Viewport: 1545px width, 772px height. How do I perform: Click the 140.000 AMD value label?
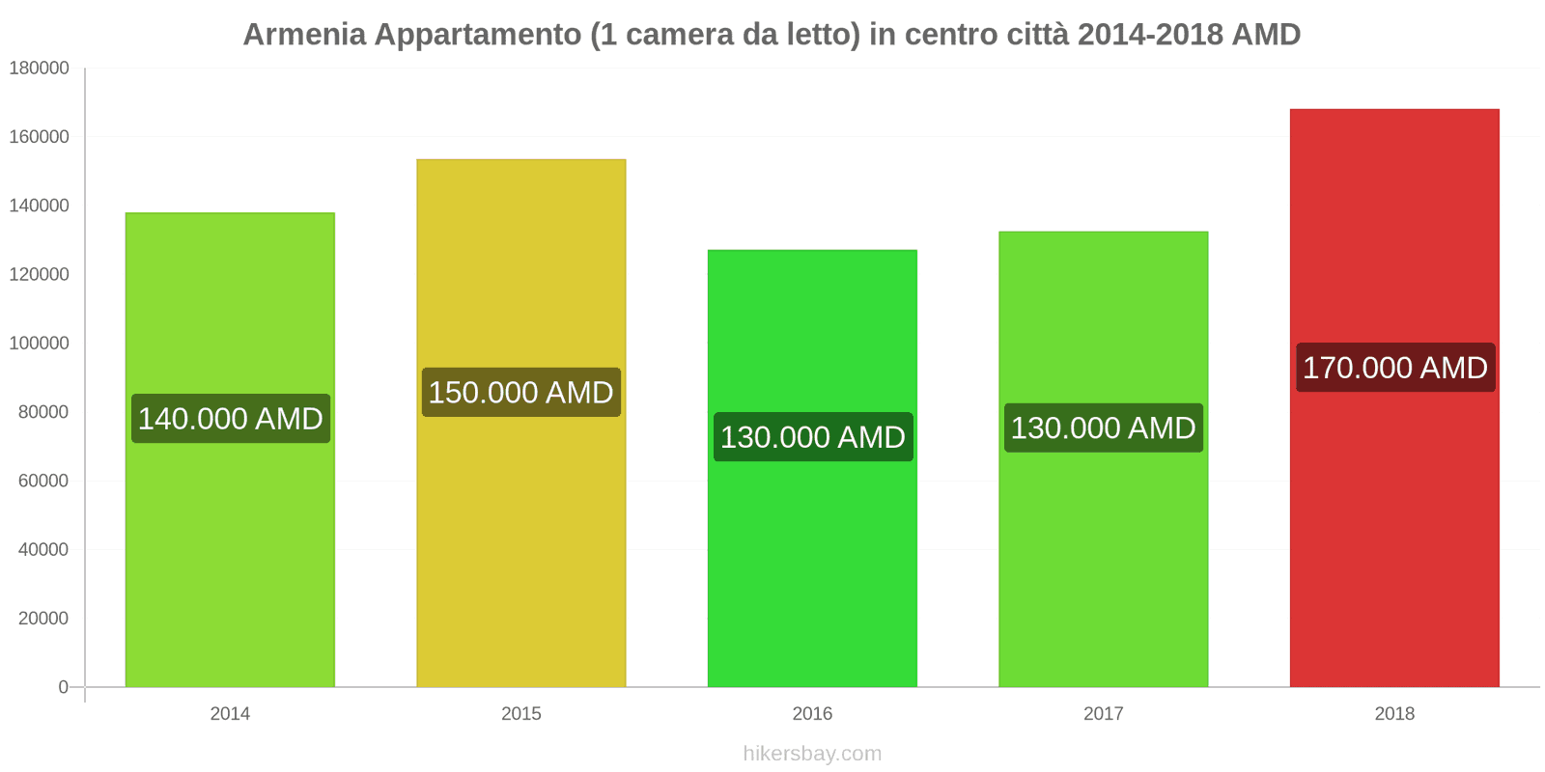point(231,419)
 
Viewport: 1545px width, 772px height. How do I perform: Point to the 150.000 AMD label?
point(521,393)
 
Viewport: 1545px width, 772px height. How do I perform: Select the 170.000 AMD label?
point(1394,368)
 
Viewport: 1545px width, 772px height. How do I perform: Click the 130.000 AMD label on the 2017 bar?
point(1104,427)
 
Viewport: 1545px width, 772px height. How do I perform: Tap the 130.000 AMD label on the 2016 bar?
point(813,437)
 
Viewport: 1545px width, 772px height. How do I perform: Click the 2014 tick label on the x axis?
point(230,714)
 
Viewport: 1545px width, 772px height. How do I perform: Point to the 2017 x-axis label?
point(1104,714)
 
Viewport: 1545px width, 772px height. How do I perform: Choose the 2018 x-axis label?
point(1394,714)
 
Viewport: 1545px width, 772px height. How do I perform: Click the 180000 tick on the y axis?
point(40,69)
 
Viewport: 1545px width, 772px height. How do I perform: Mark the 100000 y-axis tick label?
point(40,344)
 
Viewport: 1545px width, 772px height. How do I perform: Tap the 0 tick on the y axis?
point(63,687)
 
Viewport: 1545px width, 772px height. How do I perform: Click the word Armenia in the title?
point(304,35)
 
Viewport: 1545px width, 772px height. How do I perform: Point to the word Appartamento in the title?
point(478,35)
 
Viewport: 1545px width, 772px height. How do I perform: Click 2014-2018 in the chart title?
point(1148,35)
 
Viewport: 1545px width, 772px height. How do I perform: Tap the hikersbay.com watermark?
point(812,754)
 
